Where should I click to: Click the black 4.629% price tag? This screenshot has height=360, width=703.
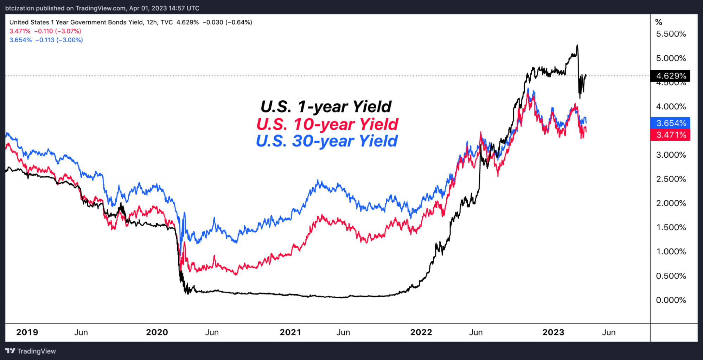pos(671,76)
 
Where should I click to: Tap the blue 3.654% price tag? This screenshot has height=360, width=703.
pos(671,123)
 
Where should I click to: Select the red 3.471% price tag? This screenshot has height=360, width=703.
pos(671,135)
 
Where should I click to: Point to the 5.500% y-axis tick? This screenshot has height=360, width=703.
pos(671,34)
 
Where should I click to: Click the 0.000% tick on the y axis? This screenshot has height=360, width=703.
pos(671,300)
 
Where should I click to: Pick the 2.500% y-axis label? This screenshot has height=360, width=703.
pos(671,179)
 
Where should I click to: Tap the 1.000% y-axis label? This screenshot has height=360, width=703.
pos(671,252)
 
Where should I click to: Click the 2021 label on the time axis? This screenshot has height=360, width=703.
pos(290,332)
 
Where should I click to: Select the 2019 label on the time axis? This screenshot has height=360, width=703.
pos(27,332)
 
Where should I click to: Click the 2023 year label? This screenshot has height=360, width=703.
pos(553,332)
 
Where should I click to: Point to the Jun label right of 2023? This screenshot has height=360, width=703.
pos(608,332)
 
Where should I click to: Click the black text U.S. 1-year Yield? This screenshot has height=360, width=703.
pos(326,107)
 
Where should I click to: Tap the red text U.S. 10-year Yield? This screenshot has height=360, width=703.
pos(327,124)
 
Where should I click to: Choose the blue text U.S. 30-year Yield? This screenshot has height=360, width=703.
pos(326,141)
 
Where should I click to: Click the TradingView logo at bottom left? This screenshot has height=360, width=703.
pos(31,351)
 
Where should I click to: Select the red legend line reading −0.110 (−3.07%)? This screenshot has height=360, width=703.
pos(45,31)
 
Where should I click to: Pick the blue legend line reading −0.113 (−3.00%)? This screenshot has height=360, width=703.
pos(46,40)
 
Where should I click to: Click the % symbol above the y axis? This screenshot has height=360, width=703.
pos(659,23)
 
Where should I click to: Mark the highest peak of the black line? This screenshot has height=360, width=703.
pos(577,45)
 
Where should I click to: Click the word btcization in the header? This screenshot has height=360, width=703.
pos(20,8)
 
